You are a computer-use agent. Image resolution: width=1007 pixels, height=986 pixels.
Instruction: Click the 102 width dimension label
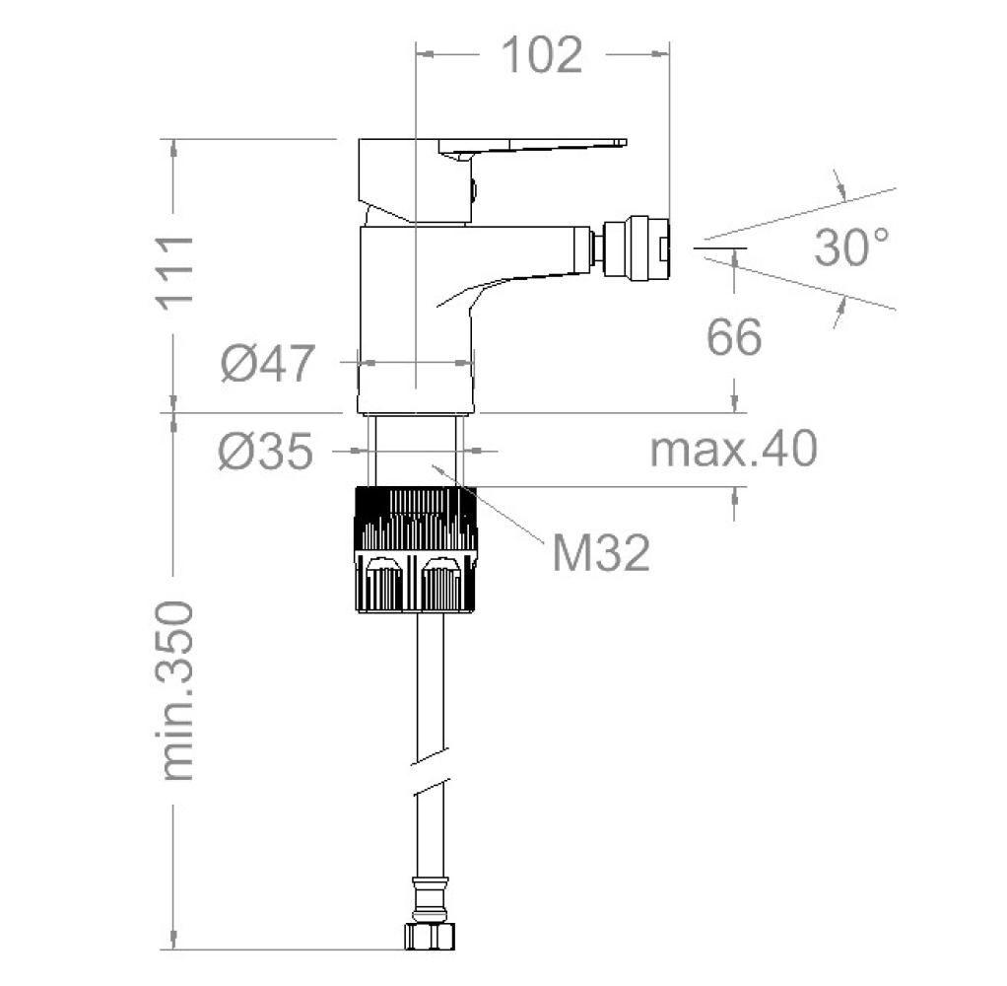[x=542, y=55]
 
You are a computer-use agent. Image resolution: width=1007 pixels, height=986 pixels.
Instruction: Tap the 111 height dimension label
[x=174, y=273]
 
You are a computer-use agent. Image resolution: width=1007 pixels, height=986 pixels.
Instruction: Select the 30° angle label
[x=853, y=246]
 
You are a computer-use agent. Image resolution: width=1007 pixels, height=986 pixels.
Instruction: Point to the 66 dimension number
[x=734, y=337]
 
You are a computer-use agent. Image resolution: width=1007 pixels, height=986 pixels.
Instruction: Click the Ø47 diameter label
[x=268, y=363]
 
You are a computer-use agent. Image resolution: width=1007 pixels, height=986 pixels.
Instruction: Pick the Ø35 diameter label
[x=266, y=451]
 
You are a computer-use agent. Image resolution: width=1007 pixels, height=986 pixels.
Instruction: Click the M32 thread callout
[x=601, y=553]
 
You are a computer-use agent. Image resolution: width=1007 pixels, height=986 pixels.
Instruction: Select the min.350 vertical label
[x=175, y=691]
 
